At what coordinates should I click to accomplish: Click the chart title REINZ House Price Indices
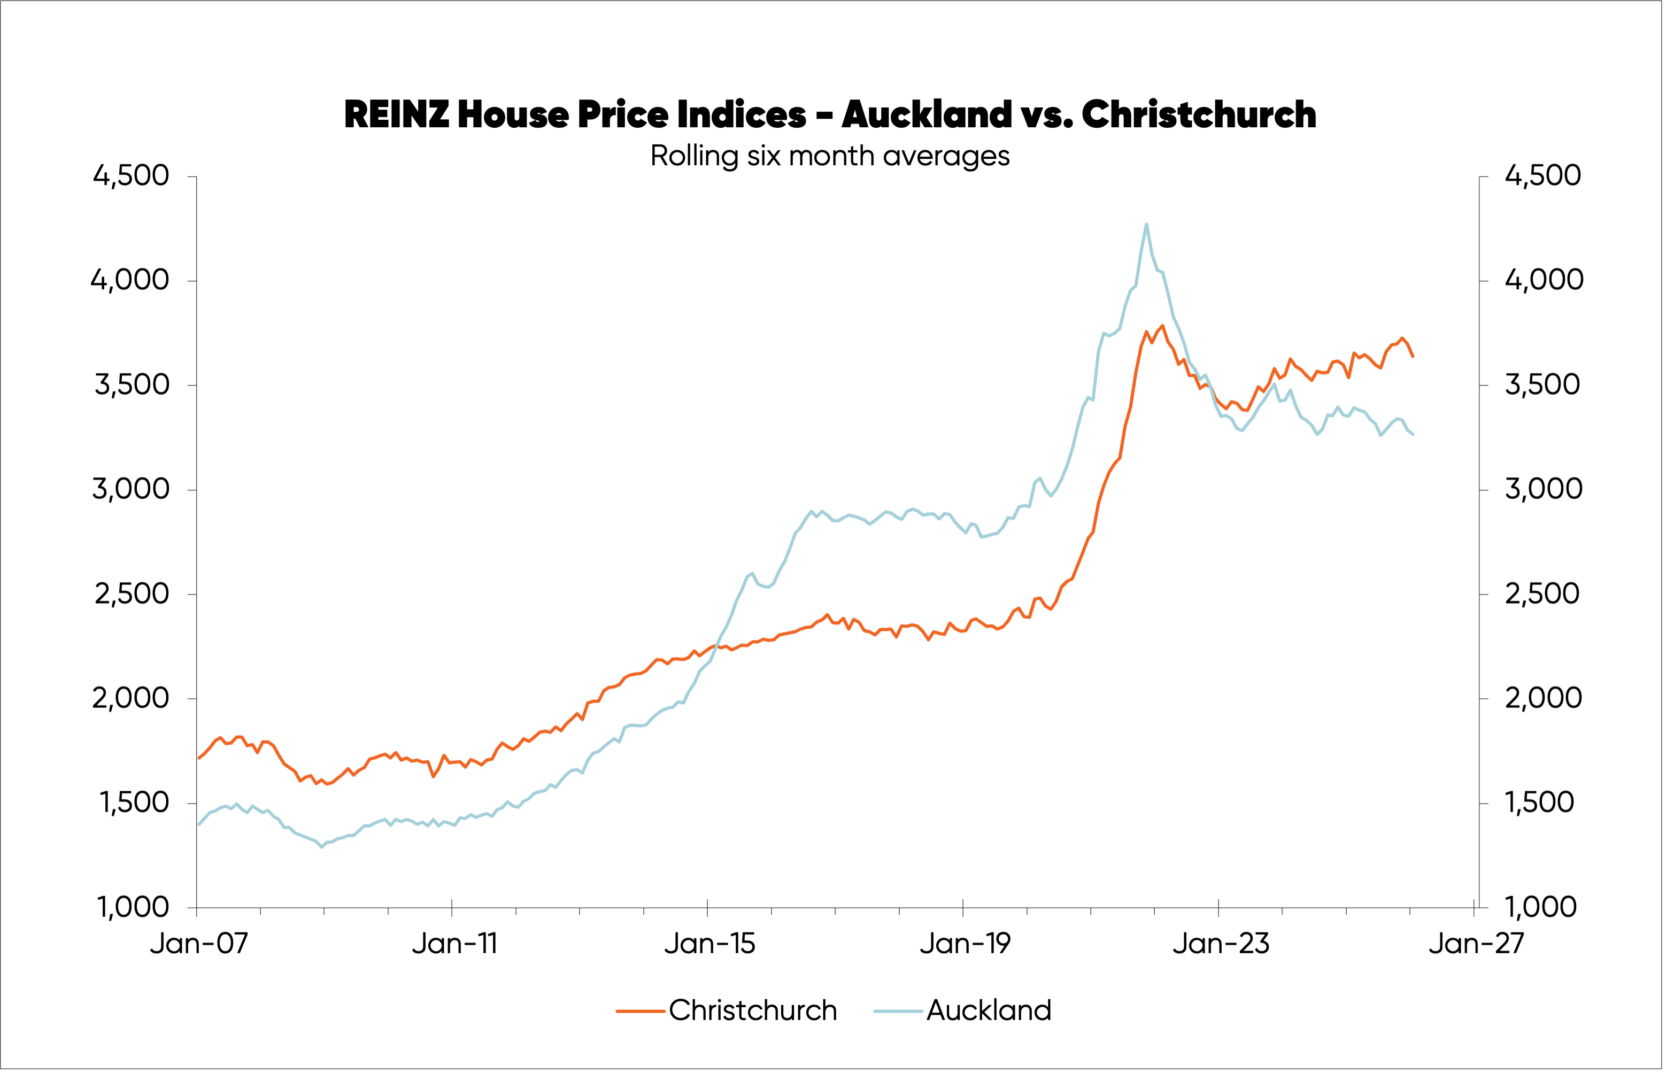(829, 114)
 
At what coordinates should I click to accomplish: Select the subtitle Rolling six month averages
(829, 156)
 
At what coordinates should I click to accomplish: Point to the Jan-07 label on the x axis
(198, 944)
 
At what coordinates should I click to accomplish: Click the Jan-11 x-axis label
(454, 944)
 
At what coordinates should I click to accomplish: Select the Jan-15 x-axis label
(709, 944)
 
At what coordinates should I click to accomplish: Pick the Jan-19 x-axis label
(965, 944)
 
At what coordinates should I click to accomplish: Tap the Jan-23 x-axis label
(1221, 944)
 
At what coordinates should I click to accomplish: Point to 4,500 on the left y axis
(131, 175)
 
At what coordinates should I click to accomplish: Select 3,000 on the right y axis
(1544, 489)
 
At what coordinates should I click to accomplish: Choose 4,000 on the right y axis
(1544, 280)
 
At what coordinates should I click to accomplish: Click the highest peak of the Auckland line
(1146, 223)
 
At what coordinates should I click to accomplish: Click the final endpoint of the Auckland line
(1413, 435)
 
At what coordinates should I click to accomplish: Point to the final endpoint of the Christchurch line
(1413, 357)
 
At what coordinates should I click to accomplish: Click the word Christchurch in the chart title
(1199, 114)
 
